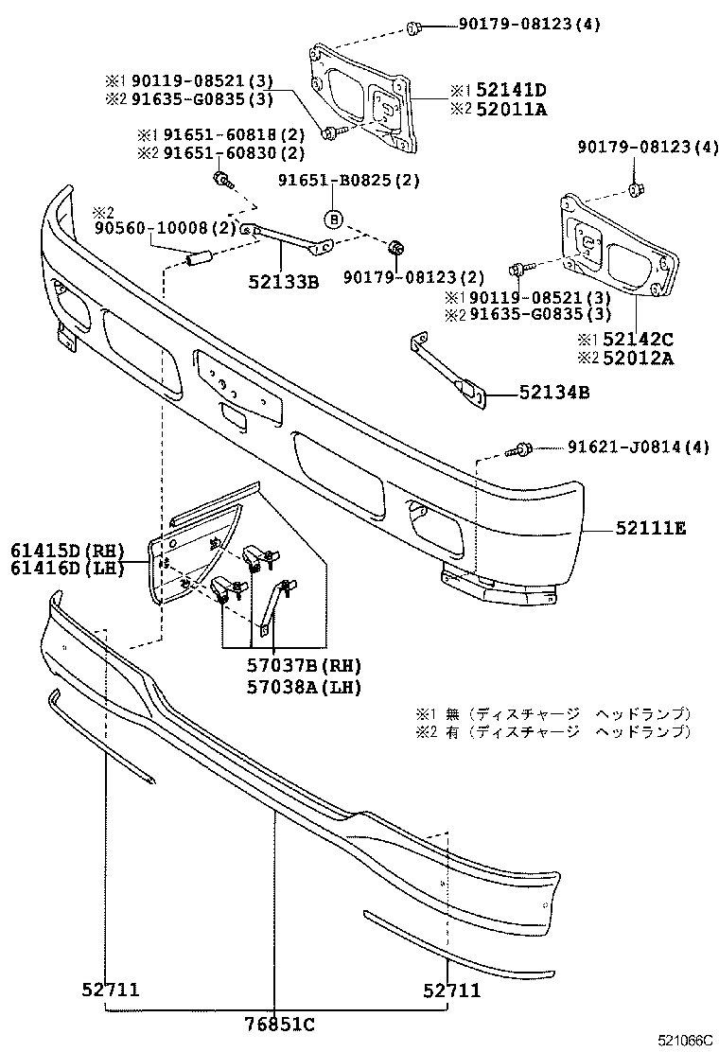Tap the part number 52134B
click(x=553, y=392)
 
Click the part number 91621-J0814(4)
click(x=638, y=447)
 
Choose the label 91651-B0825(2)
click(x=348, y=180)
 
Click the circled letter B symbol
click(x=334, y=219)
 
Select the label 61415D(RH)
click(x=68, y=550)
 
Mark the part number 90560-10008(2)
click(x=164, y=228)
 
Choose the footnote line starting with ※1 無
click(x=553, y=713)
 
